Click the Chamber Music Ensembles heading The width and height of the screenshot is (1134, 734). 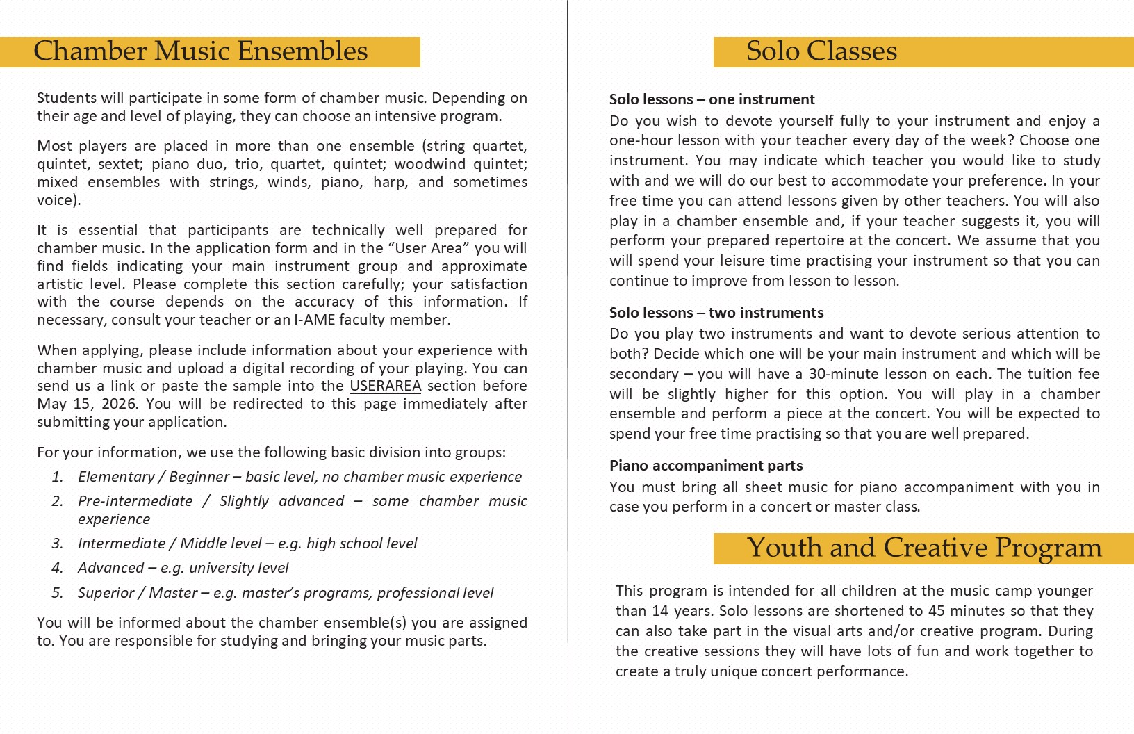coord(201,51)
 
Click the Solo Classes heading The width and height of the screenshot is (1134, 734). coord(821,51)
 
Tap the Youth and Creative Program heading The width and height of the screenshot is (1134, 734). coord(924,548)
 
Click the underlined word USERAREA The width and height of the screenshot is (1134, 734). coord(385,386)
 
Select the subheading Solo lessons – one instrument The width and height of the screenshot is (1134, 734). coord(712,99)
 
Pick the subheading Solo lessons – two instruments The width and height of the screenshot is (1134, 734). coord(716,313)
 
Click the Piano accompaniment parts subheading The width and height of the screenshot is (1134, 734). coord(705,466)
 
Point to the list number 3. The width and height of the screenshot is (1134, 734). coord(57,544)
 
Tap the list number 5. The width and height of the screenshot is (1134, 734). coord(57,593)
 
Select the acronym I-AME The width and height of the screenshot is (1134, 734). coord(315,320)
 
